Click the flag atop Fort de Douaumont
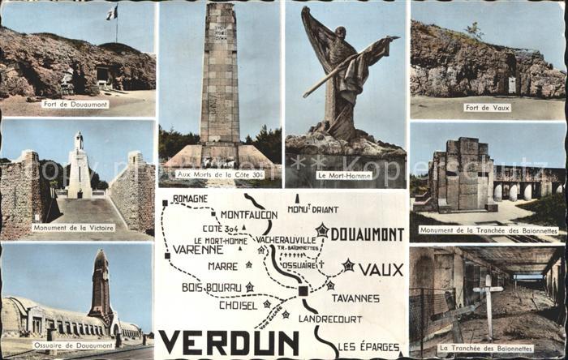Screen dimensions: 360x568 (112, 13)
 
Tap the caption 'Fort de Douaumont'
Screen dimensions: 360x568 (76, 105)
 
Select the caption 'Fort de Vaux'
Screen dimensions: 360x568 (488, 107)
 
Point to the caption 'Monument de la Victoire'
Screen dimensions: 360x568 (73, 228)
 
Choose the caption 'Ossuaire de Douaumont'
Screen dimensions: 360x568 (72, 345)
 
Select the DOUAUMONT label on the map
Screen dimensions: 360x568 (367, 234)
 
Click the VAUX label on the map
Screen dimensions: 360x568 (381, 268)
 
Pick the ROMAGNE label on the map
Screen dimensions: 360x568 (190, 198)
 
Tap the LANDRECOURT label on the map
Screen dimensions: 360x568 (330, 319)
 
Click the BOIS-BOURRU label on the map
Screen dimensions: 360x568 (211, 287)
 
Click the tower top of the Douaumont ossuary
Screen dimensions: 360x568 (101, 258)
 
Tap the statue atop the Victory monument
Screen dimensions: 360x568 (79, 139)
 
